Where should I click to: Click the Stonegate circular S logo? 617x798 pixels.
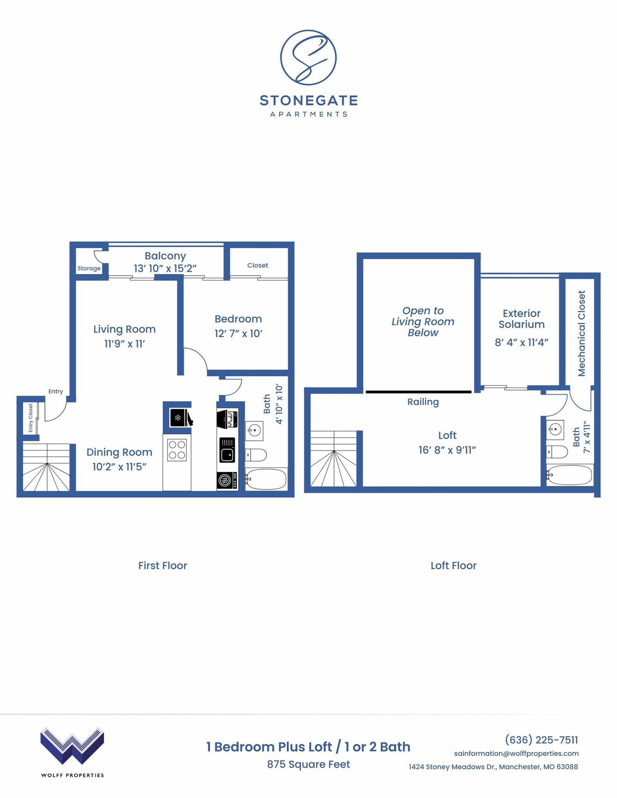point(308,58)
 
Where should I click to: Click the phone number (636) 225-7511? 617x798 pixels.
point(541,740)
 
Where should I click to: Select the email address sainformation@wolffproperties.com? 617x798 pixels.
point(516,753)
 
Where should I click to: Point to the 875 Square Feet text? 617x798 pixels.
point(308,764)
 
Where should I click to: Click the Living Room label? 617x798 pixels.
point(124,329)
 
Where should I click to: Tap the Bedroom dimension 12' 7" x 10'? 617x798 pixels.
point(238,334)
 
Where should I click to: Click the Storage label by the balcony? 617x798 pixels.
point(89,268)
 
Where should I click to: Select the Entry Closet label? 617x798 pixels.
point(31,418)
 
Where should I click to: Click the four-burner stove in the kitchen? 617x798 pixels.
point(177,450)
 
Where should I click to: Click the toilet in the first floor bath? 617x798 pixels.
point(256,454)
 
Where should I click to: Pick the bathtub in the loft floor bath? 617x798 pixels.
point(569,475)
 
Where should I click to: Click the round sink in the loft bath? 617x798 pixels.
point(555,430)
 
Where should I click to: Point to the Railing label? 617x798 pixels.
point(423,402)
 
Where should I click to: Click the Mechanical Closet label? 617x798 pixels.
point(582,333)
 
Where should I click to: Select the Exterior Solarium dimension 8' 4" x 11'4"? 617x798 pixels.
point(522,343)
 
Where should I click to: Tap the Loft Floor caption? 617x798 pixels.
point(453,565)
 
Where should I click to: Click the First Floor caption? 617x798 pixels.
point(163,565)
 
